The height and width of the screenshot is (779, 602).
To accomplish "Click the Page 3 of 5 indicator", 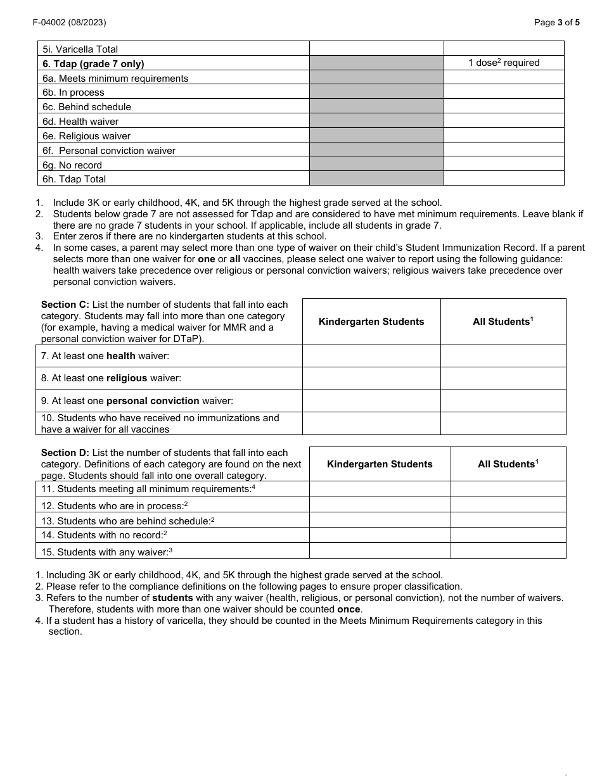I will click(556, 22).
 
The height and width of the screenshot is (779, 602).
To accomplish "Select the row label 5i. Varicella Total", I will click(80, 49).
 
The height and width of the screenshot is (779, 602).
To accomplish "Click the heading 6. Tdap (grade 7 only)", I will click(93, 63).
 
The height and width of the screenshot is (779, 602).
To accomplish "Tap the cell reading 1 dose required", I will click(504, 63).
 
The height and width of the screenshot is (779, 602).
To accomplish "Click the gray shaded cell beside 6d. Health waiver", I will click(376, 121).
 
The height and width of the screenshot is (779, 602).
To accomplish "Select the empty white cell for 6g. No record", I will click(504, 165).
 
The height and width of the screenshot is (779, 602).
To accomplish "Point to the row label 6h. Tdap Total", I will click(74, 179).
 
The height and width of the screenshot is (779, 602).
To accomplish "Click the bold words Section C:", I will click(65, 305).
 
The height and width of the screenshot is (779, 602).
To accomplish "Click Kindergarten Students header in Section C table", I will click(371, 322).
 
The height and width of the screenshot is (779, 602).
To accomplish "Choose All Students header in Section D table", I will click(508, 464).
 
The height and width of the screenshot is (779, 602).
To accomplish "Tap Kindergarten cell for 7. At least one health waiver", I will click(371, 356).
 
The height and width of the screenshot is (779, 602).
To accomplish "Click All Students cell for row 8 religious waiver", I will click(503, 378).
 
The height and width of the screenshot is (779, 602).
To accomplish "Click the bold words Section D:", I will click(65, 453).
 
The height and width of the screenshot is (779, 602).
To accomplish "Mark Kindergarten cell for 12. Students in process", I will click(380, 505).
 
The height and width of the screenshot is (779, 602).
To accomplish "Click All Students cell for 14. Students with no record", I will click(508, 535).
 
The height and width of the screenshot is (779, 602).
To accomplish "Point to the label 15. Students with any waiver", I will click(106, 552).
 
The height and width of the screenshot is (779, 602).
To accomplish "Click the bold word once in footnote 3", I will click(349, 609).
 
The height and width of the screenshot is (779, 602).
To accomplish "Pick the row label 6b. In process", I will click(74, 92).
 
